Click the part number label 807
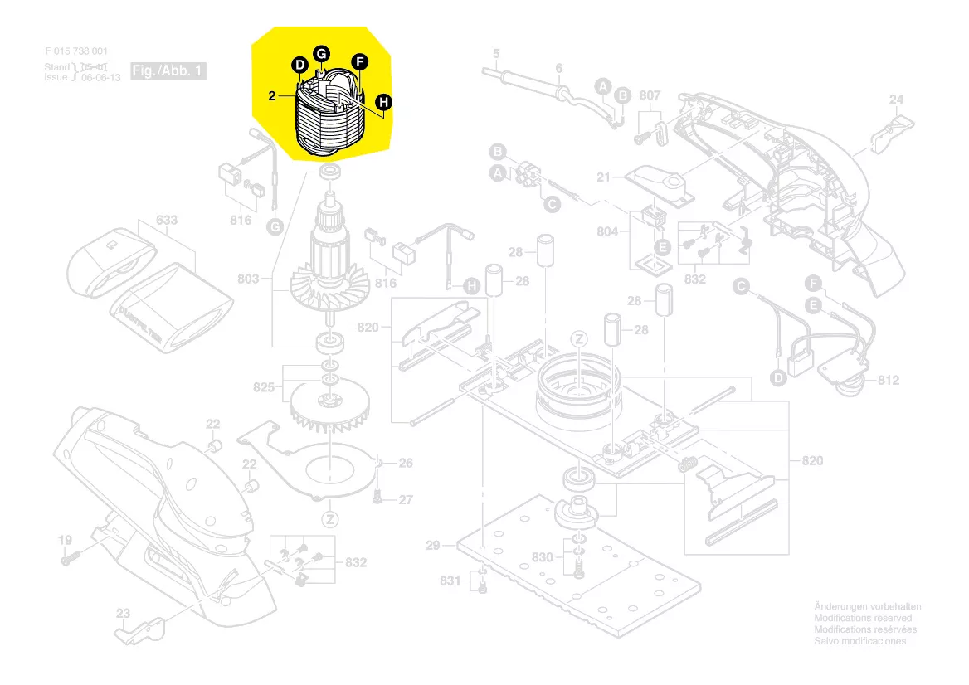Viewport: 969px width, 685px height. coord(650,96)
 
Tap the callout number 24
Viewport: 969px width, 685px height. coord(896,100)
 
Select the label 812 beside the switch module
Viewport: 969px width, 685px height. coord(889,381)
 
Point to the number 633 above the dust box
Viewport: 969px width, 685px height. coord(167,221)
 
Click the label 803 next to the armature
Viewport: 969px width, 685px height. coord(248,279)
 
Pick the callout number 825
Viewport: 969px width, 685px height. coord(264,387)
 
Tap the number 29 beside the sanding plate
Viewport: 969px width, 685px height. coord(432,546)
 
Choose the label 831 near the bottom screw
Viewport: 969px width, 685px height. coord(450,581)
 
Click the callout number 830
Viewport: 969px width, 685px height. coord(543,557)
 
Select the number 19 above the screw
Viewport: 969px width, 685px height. coord(65,541)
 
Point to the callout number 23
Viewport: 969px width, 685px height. coord(123,614)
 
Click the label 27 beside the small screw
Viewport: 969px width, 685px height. coord(405,500)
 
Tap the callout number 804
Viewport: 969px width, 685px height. coord(607,232)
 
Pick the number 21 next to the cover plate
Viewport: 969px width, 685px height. coord(603,177)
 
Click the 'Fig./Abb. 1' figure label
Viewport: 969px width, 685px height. coord(168,70)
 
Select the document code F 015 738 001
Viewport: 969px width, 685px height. coord(76,51)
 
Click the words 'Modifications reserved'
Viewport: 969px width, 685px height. coord(863,619)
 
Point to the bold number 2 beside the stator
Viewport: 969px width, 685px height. coord(271,96)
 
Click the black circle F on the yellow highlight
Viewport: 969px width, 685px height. coord(358,61)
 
